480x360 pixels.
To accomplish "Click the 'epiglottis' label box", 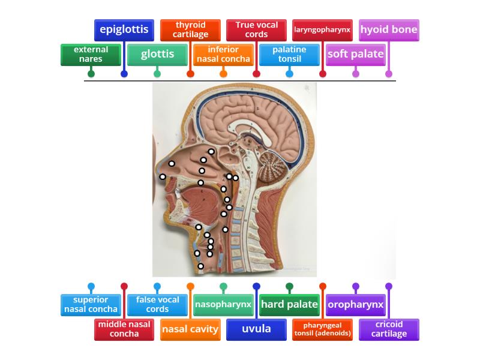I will [124, 30].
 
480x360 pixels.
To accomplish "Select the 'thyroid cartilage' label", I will [190, 30].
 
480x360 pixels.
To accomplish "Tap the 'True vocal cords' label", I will [256, 30].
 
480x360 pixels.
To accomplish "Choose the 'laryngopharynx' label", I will [322, 30].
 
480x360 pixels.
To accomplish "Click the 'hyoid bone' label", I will [389, 30].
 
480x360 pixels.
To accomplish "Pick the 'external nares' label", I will [91, 55].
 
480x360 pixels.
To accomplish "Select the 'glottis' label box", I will [157, 55].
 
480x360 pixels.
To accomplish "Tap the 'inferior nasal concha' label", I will [223, 55].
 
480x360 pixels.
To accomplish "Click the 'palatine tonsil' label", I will [289, 55].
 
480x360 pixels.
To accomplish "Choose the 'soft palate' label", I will [355, 55].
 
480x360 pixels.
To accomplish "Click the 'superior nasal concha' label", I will [91, 305].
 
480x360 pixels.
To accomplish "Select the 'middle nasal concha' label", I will [124, 329].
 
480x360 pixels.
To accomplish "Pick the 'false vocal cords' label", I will [157, 305].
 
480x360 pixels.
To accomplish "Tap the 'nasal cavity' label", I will [190, 329].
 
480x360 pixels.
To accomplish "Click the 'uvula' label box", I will [256, 329].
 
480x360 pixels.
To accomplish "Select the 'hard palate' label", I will [289, 305].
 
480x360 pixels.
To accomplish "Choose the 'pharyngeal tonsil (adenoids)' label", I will [322, 329].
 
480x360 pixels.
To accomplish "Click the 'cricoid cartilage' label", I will [389, 329].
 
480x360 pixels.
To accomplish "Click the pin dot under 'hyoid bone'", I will [389, 74].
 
